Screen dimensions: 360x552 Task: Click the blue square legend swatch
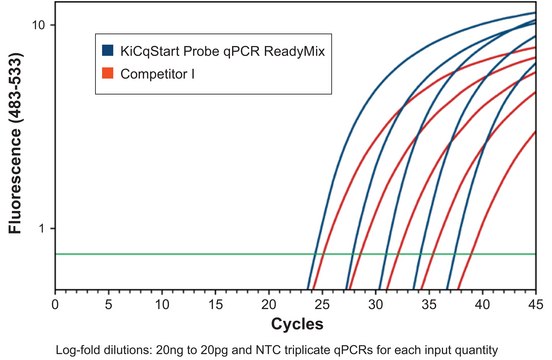click(107, 49)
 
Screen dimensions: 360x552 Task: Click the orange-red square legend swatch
click(107, 73)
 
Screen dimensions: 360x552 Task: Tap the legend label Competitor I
click(154, 73)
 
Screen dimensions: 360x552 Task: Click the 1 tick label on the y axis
click(44, 228)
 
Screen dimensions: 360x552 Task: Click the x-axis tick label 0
click(55, 303)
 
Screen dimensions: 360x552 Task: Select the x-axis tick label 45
click(535, 303)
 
